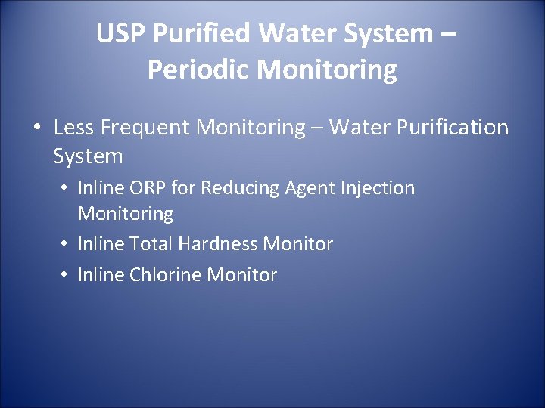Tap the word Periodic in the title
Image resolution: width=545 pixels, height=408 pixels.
click(x=199, y=70)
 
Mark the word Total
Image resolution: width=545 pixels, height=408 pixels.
click(x=151, y=244)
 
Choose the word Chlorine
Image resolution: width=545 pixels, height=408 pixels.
click(x=166, y=274)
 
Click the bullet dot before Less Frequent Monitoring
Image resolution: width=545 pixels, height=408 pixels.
click(x=36, y=128)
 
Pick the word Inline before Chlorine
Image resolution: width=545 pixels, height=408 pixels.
click(x=101, y=274)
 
